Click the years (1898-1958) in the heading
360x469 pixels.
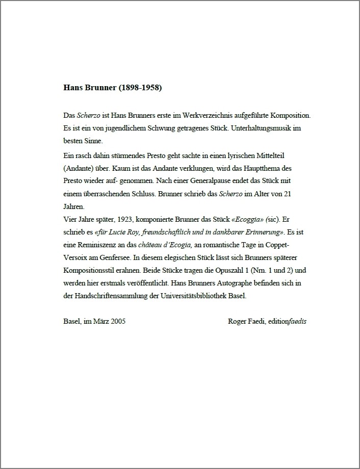pos(140,88)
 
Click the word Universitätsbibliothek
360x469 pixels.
pos(197,296)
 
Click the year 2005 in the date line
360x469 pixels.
pos(119,321)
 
